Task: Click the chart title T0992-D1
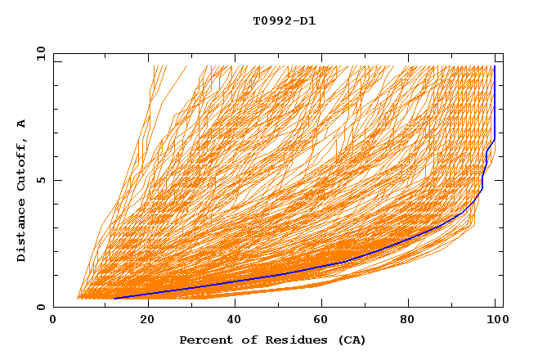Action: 284,21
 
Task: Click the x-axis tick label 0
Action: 53,320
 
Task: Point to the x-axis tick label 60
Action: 320,320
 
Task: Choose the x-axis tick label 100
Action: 495,320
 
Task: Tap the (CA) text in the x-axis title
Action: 352,340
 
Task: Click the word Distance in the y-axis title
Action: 22,232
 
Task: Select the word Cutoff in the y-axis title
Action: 22,169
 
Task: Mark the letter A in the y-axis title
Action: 22,124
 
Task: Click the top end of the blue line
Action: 494,66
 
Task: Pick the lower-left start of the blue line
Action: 115,299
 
